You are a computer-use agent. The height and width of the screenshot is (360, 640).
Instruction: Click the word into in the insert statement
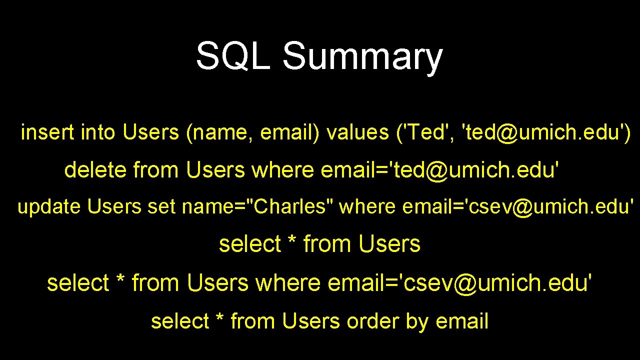pos(97,132)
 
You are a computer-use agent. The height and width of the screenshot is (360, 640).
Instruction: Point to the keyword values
pos(357,132)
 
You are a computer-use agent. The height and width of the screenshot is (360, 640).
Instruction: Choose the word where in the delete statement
pos(283,170)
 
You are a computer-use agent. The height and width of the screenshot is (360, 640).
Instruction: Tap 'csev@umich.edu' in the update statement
pos(550,206)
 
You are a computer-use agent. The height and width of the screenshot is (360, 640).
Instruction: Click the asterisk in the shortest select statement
pos(292,242)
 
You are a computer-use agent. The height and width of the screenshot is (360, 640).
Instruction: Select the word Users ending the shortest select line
pos(389,244)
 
